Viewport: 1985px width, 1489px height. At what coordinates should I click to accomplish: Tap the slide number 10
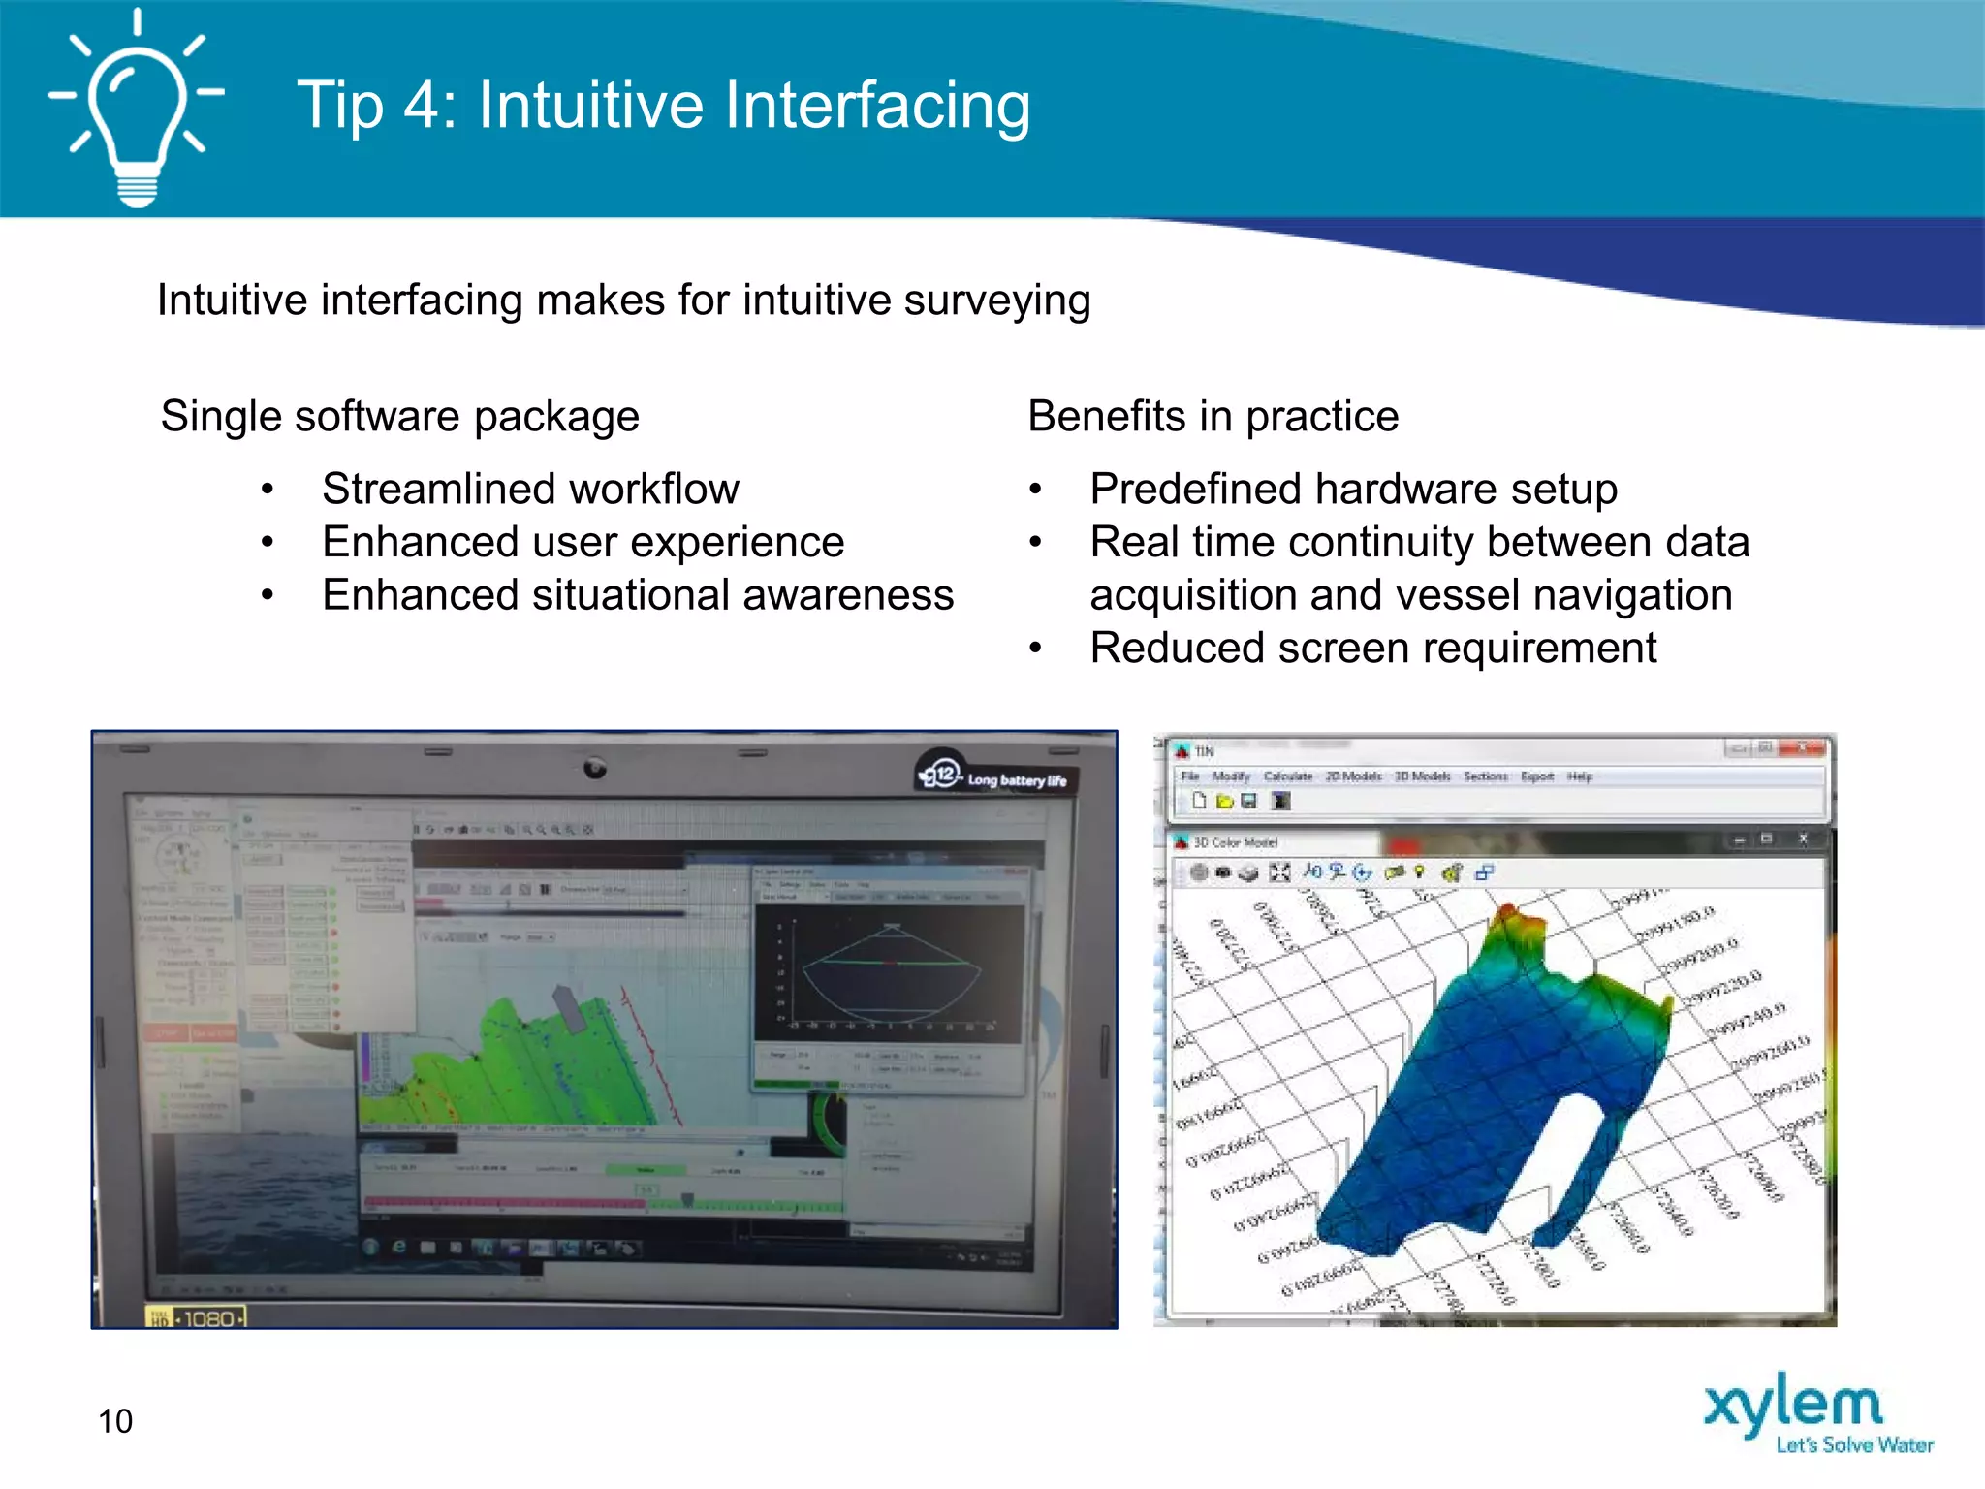coord(115,1421)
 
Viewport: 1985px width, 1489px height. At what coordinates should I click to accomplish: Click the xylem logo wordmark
coord(1793,1405)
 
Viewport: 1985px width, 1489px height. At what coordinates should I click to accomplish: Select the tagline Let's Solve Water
coord(1853,1445)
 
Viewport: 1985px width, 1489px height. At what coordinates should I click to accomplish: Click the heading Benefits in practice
coord(1213,417)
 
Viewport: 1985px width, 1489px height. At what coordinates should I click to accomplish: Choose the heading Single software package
coord(399,417)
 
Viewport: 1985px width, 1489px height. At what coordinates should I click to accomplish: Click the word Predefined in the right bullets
coord(1196,489)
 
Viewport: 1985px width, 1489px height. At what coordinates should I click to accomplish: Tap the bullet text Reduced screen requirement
coord(1372,648)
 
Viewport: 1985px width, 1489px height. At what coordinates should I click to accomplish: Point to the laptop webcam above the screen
coord(595,769)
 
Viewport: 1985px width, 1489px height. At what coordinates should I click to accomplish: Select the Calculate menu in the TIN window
coord(1287,776)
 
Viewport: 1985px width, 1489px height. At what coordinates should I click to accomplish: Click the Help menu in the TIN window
coord(1579,776)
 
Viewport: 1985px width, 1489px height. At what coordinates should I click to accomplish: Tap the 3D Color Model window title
coord(1235,842)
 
